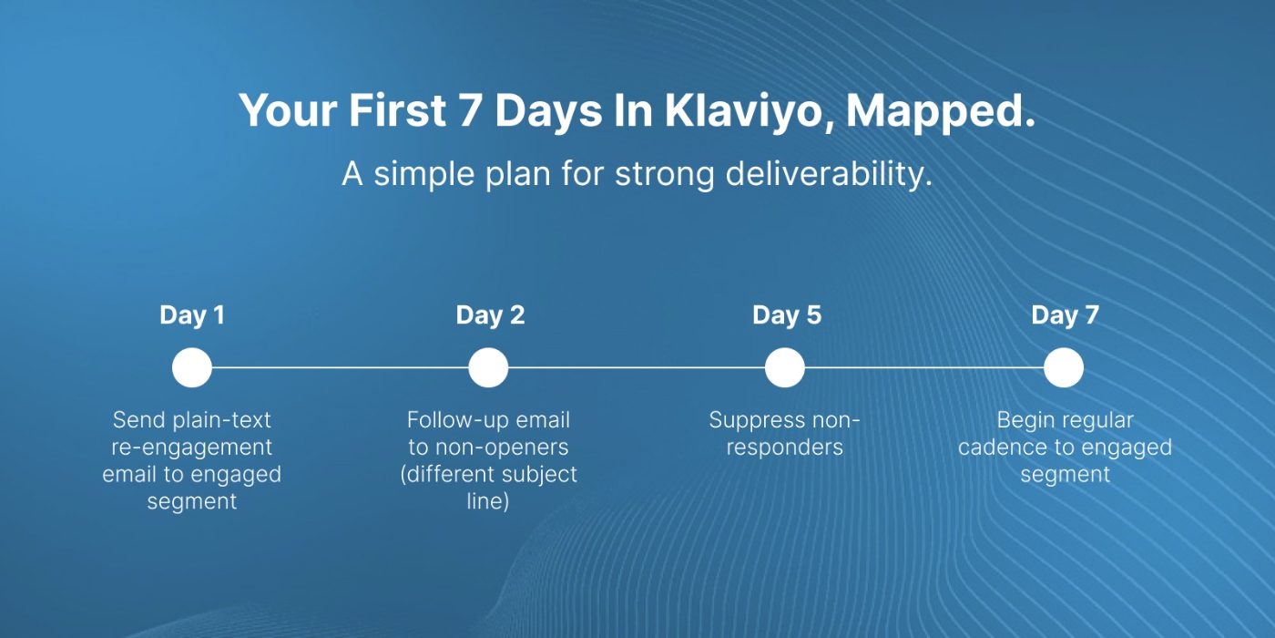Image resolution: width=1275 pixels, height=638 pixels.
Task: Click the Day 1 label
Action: click(192, 315)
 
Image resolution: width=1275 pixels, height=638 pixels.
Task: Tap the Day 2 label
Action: click(490, 315)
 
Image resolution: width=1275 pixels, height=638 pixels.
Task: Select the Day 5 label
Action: click(787, 315)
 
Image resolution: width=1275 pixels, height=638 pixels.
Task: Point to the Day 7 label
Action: click(1065, 315)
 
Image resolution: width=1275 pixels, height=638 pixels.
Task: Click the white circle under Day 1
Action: click(192, 368)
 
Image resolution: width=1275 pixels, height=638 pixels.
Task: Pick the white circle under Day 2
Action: click(488, 368)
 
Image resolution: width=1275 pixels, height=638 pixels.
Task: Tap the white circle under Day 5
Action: click(785, 368)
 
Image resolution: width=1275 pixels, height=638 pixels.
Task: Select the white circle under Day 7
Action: click(1064, 368)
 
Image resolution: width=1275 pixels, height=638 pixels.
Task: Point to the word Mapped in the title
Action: click(940, 112)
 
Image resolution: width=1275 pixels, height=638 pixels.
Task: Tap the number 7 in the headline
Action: click(471, 110)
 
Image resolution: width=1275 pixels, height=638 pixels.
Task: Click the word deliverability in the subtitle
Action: click(830, 174)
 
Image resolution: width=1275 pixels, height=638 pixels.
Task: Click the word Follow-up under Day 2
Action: click(452, 421)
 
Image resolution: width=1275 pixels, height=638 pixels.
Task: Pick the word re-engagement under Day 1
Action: click(192, 448)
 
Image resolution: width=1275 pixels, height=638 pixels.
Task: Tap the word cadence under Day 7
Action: click(1002, 448)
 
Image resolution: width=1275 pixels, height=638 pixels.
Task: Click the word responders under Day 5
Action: click(785, 448)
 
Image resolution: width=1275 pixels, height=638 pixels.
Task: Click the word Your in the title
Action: click(288, 110)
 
